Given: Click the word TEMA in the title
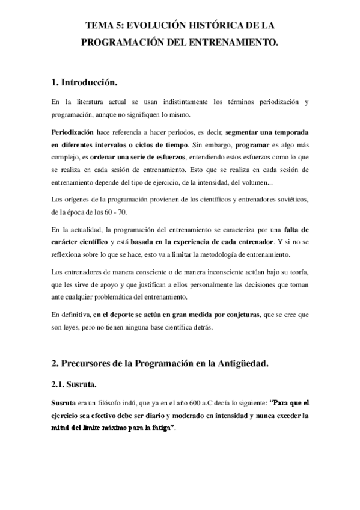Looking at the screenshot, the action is (x=99, y=26).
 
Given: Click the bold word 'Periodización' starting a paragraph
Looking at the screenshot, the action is (x=72, y=131).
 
